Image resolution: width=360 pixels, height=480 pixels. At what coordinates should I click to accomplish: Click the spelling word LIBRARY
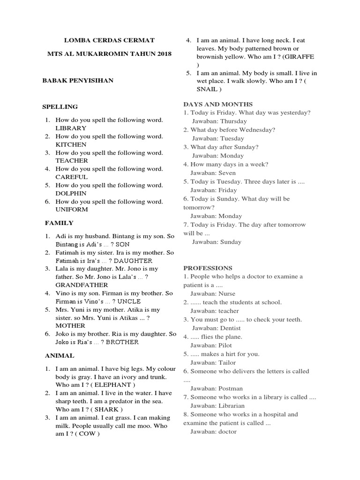[71, 128]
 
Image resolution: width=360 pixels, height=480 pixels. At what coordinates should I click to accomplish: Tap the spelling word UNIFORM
[72, 210]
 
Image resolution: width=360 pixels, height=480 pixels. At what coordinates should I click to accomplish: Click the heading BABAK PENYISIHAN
[78, 81]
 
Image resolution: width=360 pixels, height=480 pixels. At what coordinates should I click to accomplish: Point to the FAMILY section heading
[59, 223]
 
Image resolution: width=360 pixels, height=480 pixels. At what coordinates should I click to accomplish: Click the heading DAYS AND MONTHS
[217, 104]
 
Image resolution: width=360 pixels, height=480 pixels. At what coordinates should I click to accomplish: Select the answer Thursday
[230, 121]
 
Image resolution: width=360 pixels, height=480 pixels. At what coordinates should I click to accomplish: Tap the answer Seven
[227, 173]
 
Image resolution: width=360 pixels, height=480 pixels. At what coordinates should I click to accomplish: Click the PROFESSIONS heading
[208, 268]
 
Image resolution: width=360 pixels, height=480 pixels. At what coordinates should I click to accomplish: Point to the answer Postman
[230, 388]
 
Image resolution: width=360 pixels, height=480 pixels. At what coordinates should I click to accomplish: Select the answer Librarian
[232, 405]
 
